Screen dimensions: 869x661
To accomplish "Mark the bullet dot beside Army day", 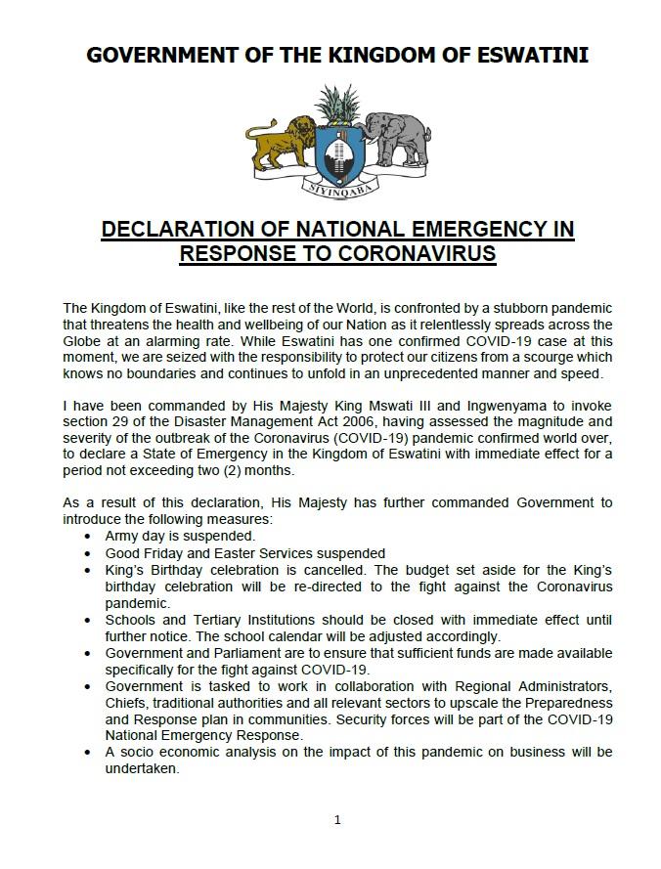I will point(89,537).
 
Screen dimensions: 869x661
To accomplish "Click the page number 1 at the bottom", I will point(337,819).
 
